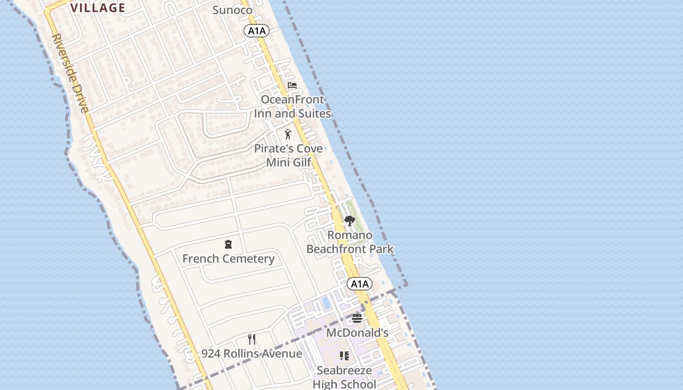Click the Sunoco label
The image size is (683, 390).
tap(233, 10)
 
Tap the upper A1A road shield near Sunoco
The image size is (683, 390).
tap(257, 31)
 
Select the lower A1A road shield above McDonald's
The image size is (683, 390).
tap(360, 284)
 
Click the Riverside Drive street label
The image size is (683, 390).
tap(71, 73)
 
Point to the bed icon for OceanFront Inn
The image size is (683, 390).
tap(292, 85)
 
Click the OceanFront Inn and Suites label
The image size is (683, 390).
tap(292, 107)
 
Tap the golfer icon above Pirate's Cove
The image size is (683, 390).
tap(288, 134)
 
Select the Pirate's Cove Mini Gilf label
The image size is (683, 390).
tap(288, 155)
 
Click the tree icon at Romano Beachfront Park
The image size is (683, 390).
tap(349, 221)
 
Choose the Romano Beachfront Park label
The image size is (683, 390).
tap(350, 242)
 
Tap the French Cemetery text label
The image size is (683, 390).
tap(228, 258)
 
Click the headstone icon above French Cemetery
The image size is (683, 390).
tap(228, 244)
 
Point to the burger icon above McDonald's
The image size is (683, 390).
tap(357, 318)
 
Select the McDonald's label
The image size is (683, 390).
tap(357, 333)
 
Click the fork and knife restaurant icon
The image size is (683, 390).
tap(252, 339)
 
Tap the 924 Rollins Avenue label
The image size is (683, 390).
tap(252, 353)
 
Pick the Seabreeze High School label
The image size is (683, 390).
tap(344, 377)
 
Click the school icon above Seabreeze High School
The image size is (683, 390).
tap(344, 356)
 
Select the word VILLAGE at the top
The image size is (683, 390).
tap(98, 8)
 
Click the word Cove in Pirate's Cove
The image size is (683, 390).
tap(307, 148)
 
